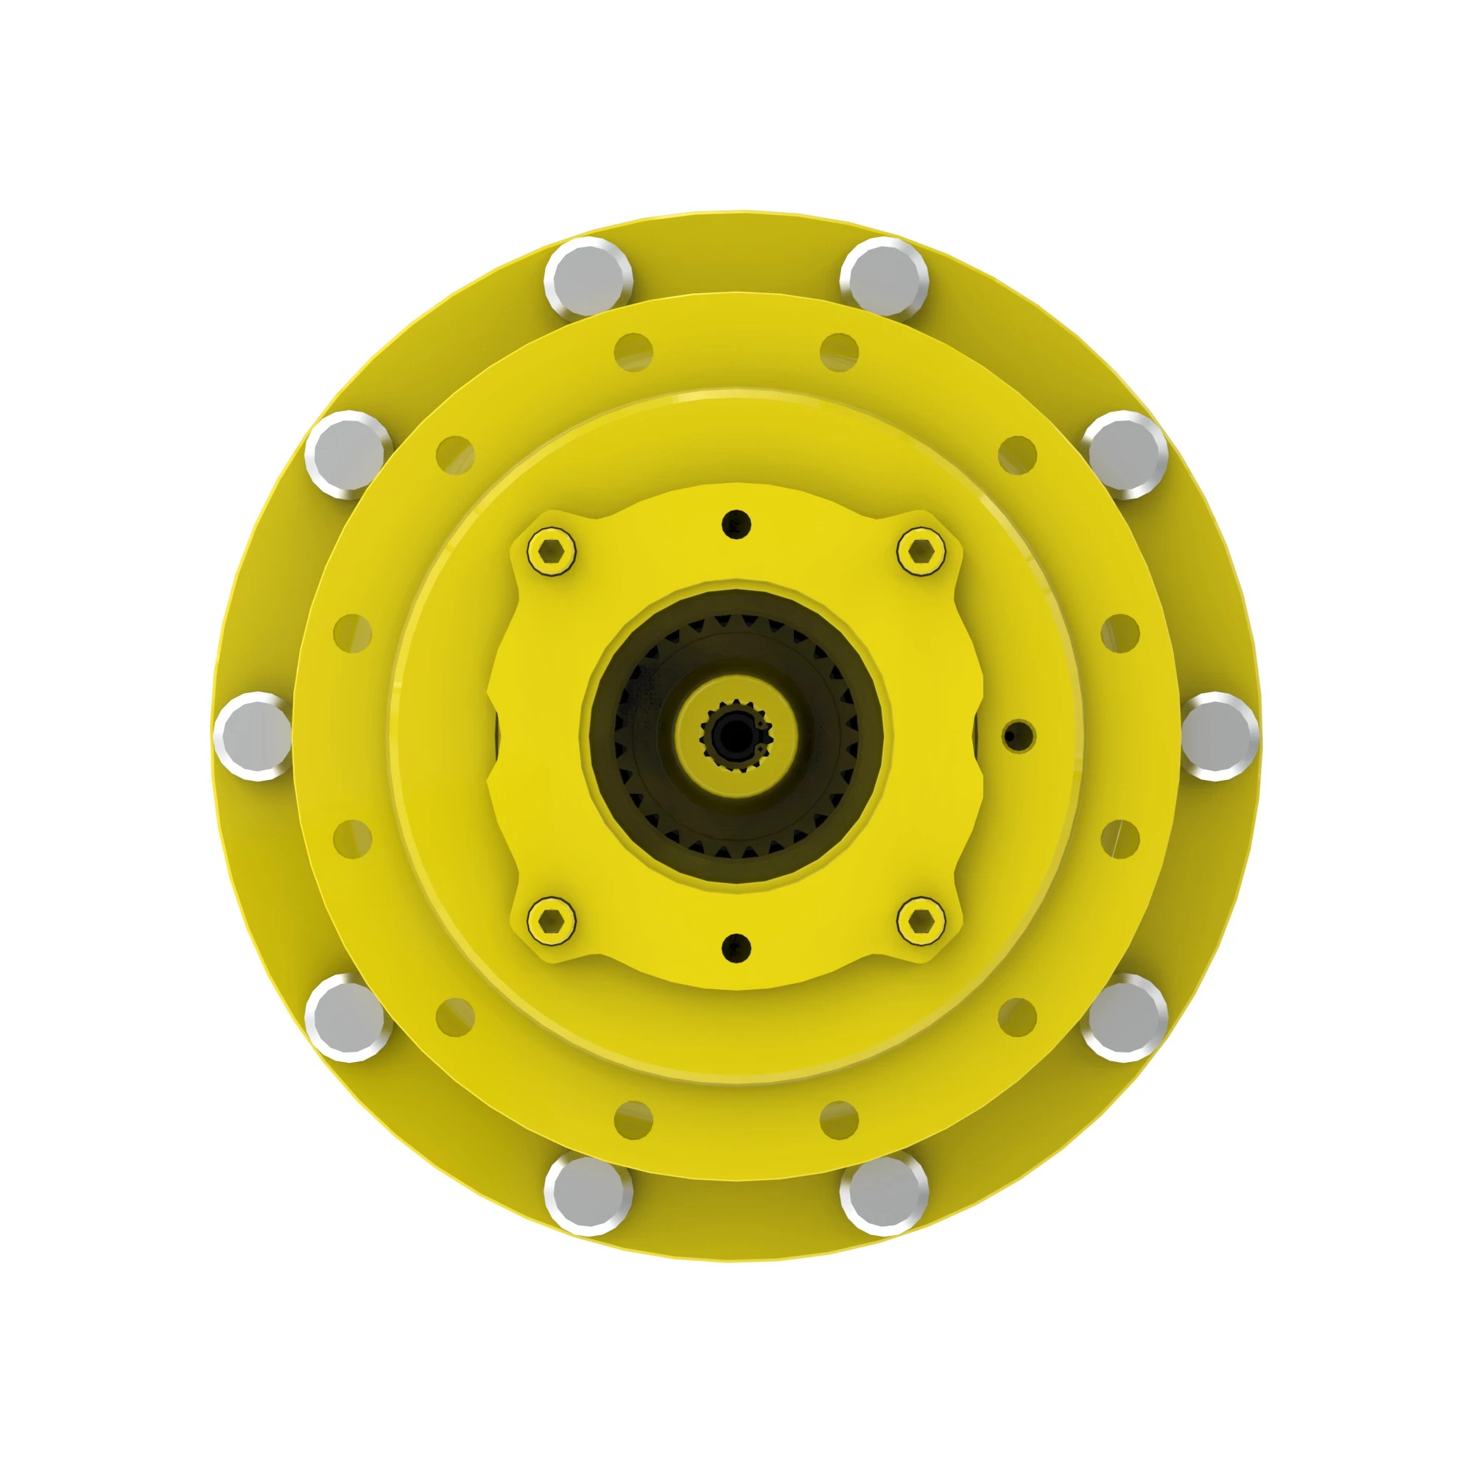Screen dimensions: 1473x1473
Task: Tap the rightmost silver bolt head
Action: tap(1219, 736)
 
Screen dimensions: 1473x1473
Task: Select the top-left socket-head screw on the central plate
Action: tap(551, 550)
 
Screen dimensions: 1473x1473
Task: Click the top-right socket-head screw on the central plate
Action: tap(921, 550)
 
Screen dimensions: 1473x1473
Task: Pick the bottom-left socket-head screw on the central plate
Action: tap(551, 922)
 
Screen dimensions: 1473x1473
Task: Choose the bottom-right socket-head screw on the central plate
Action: tap(921, 922)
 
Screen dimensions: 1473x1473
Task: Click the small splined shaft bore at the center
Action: tap(736, 735)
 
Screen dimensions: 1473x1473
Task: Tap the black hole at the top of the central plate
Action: tap(736, 524)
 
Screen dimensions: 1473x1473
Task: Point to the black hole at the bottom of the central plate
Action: tap(736, 948)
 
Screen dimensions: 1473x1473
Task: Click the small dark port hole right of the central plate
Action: tap(1018, 736)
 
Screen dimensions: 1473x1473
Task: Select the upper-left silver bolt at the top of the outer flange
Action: tap(588, 278)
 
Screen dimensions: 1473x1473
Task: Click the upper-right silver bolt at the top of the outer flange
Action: tap(885, 278)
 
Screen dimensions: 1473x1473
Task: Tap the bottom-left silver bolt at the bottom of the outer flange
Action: tap(588, 1195)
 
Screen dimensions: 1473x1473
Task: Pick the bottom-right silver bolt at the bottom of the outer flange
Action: tap(885, 1195)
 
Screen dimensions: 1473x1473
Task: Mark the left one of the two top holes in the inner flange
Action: tap(633, 352)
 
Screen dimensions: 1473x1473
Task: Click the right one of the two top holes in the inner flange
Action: tap(839, 352)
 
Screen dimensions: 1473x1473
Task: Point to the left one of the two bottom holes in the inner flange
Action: tap(633, 1120)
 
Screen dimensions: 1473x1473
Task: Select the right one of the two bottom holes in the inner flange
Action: tap(839, 1120)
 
